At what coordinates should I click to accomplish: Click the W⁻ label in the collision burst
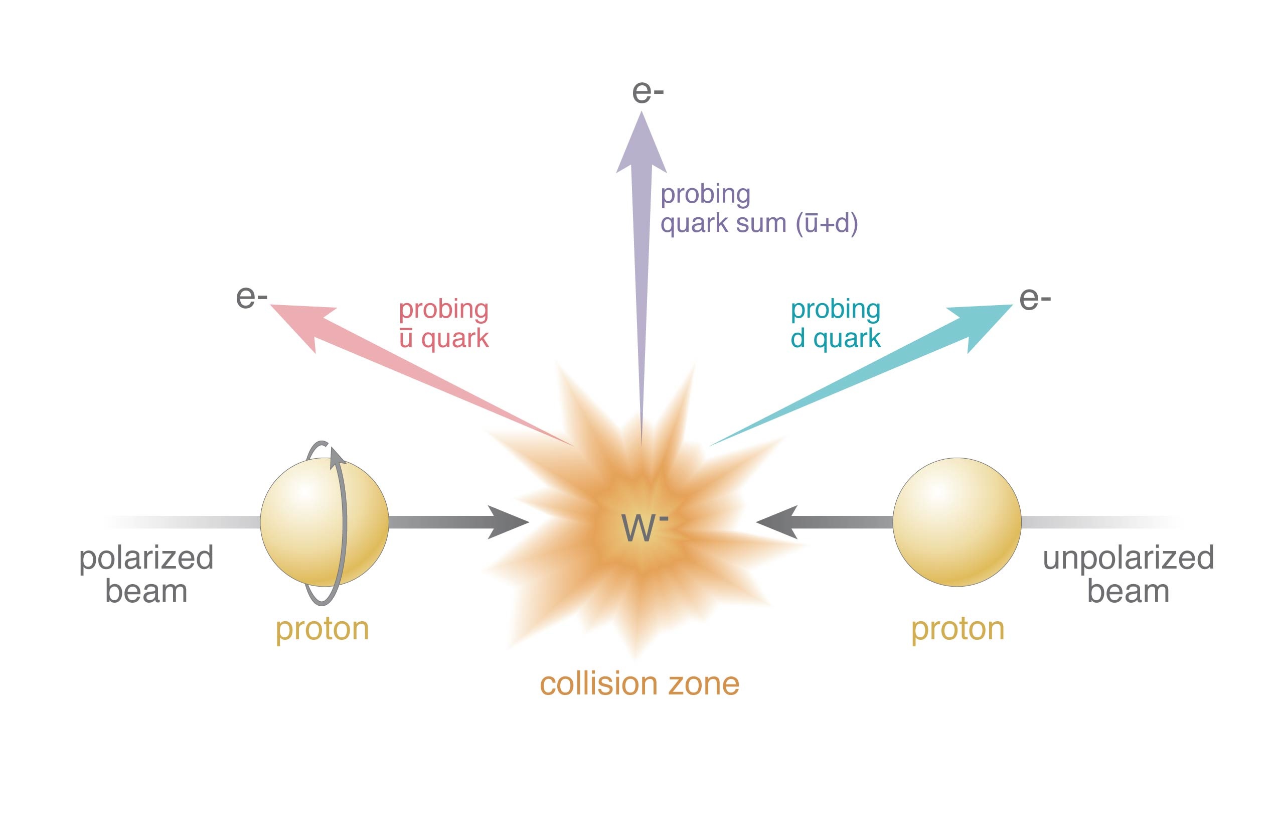click(x=645, y=527)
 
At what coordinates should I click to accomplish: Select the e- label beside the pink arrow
click(x=251, y=297)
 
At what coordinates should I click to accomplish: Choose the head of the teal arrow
click(x=981, y=326)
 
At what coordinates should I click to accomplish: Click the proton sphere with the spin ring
click(x=325, y=522)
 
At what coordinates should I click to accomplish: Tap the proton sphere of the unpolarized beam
click(x=957, y=522)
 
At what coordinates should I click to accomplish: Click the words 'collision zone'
click(x=639, y=684)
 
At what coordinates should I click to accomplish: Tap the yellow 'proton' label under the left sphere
click(x=323, y=629)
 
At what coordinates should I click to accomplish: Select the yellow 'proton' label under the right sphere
click(x=957, y=629)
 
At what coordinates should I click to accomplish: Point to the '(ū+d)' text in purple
click(x=827, y=223)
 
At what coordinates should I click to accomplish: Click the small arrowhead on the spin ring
click(x=337, y=456)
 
